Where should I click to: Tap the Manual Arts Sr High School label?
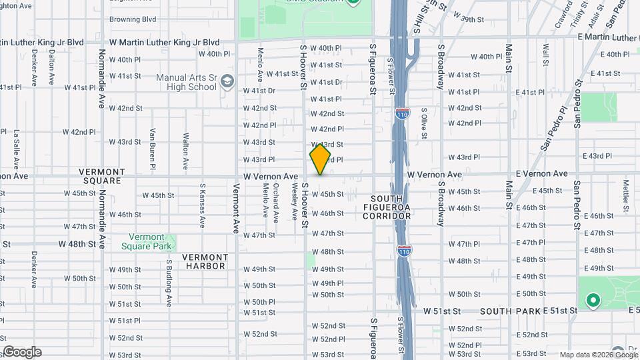[187, 82]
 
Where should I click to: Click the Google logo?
[21, 352]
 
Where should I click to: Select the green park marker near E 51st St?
[592, 301]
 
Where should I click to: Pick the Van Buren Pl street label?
[153, 148]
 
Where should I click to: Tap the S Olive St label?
[423, 124]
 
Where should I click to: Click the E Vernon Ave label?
[541, 174]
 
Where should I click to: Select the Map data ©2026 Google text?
[598, 355]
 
